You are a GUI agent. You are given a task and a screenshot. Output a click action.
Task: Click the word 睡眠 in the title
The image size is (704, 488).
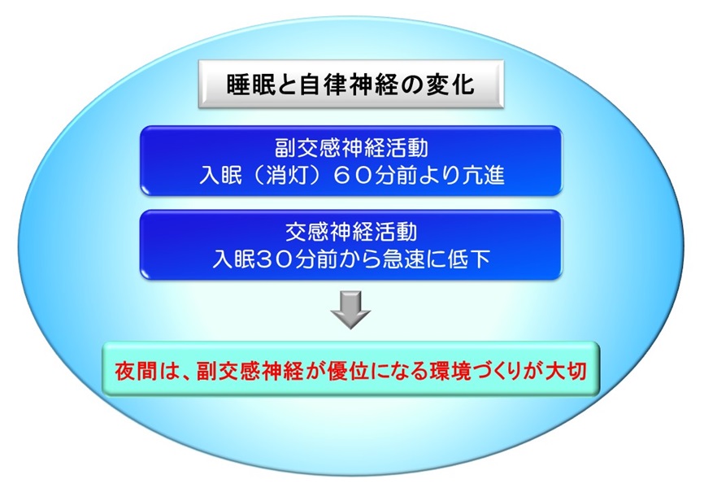(250, 84)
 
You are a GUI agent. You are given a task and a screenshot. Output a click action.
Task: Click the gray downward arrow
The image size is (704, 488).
(350, 310)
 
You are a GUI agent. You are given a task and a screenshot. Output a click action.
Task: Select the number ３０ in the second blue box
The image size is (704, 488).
(275, 259)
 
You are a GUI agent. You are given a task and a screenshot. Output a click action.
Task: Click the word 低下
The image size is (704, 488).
(469, 259)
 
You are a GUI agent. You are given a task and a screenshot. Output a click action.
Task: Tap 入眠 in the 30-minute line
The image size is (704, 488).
(234, 259)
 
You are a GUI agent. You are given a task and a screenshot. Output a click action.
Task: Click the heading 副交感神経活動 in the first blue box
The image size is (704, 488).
(351, 148)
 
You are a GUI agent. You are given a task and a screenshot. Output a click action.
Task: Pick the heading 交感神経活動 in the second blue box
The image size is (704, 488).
(351, 231)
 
